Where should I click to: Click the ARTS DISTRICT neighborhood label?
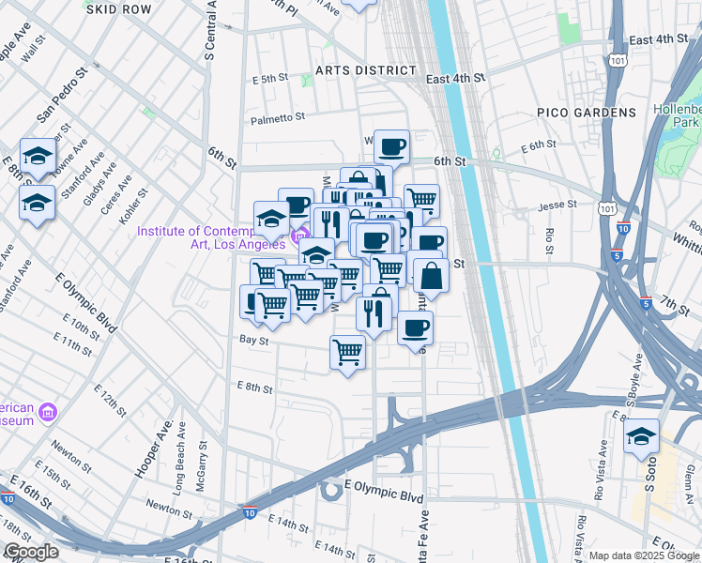tap(366, 70)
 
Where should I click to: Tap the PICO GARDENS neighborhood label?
tap(587, 113)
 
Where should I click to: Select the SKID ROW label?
tap(117, 8)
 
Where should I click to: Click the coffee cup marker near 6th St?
tap(391, 146)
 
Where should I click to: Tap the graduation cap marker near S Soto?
tap(641, 436)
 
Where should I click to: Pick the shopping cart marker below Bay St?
tap(347, 353)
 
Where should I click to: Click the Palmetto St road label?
tap(278, 118)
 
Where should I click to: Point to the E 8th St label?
tap(254, 387)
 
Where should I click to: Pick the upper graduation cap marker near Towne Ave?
tap(37, 156)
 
